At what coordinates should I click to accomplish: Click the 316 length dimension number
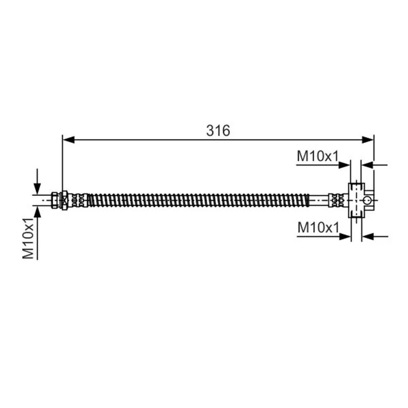(x=218, y=131)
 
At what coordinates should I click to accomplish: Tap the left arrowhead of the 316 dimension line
(x=69, y=140)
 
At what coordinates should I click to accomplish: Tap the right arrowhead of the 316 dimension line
(x=368, y=140)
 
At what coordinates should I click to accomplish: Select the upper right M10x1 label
(x=318, y=156)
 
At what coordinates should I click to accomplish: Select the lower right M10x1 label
(x=318, y=227)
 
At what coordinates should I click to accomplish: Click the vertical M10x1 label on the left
(x=28, y=239)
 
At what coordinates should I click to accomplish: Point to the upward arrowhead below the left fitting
(x=37, y=212)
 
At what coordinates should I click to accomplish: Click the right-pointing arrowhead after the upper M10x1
(x=344, y=165)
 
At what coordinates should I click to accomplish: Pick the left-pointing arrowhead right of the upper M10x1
(x=367, y=165)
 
